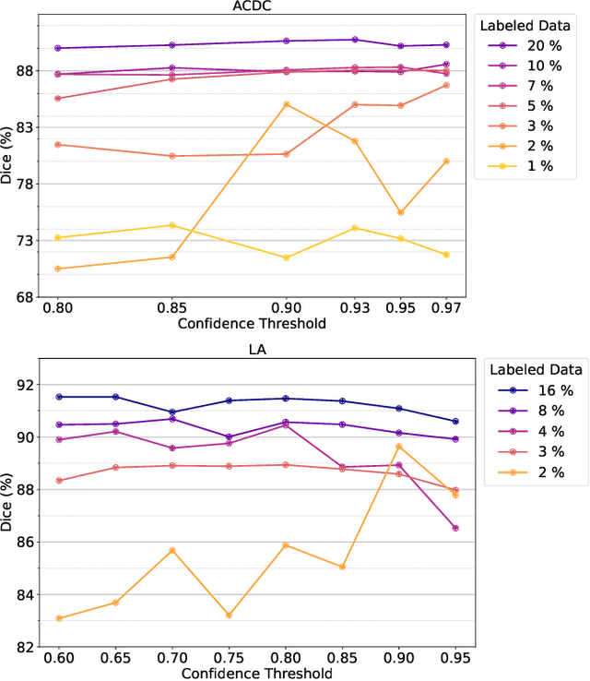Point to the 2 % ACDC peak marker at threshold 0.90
coord(286,104)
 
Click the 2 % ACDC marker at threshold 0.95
coord(400,212)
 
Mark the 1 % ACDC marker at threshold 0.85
coord(171,225)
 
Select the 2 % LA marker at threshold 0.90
coord(399,447)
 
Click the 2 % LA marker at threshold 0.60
coord(58,618)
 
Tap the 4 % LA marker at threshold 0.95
coord(455,528)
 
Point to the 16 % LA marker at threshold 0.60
coord(58,397)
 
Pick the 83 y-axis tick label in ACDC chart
coord(25,127)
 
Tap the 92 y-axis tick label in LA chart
coord(25,385)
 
